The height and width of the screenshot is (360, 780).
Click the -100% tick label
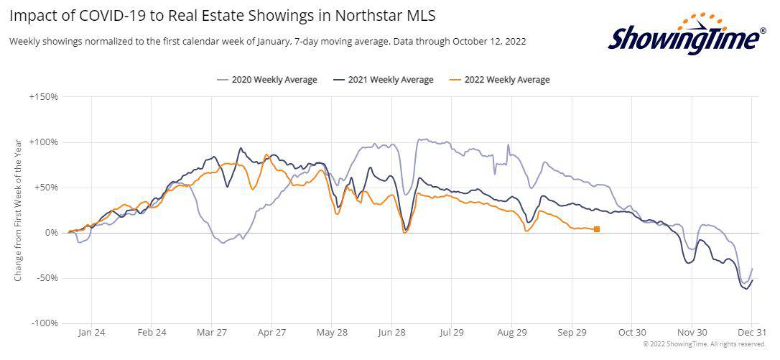click(x=45, y=323)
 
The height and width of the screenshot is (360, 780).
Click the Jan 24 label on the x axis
click(x=92, y=333)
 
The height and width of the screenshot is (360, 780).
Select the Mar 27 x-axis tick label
click(x=212, y=333)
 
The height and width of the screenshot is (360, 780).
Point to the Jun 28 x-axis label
click(x=391, y=333)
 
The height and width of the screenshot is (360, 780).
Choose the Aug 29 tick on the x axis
click(x=511, y=333)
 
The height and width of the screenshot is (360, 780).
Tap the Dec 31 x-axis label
click(x=751, y=333)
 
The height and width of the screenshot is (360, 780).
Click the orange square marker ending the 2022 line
click(x=597, y=229)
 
